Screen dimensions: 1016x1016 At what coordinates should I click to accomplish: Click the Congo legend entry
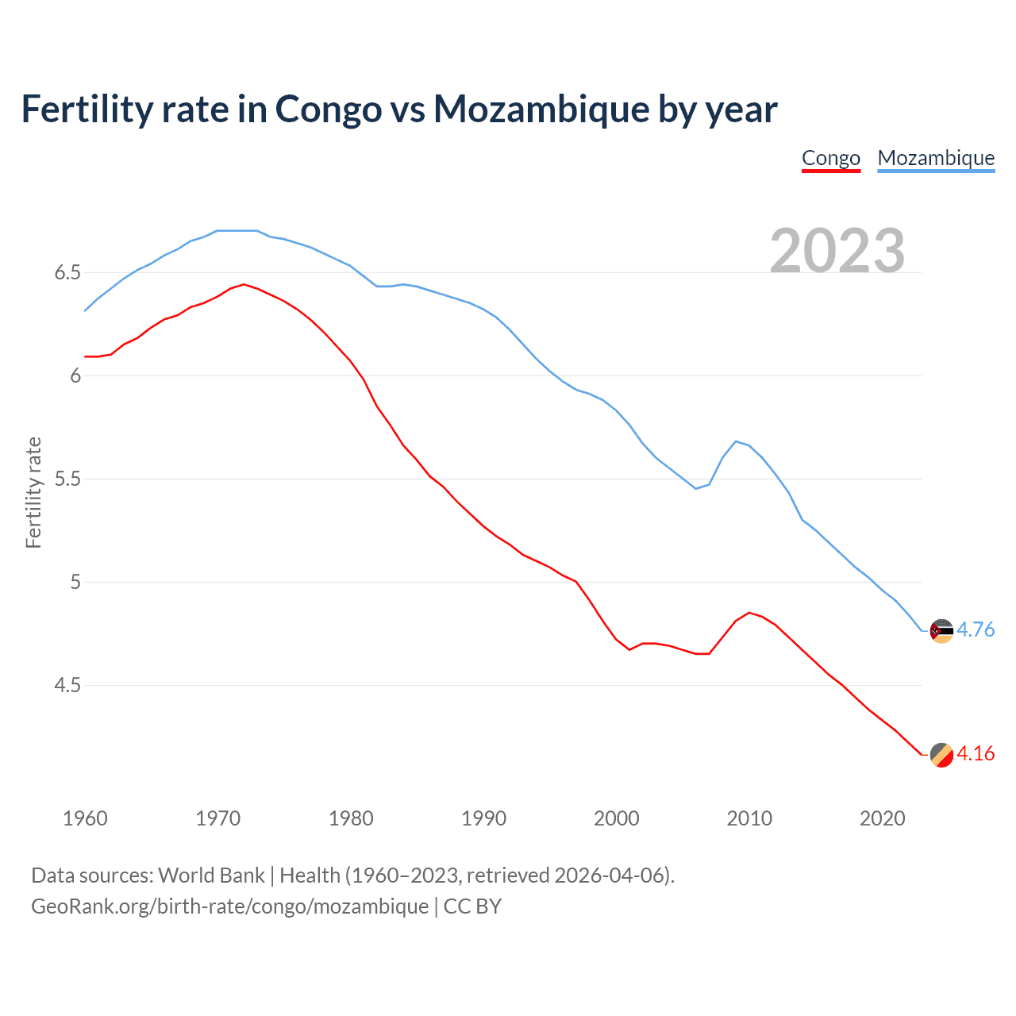[x=831, y=158]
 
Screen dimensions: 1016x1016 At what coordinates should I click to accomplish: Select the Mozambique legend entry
[x=936, y=158]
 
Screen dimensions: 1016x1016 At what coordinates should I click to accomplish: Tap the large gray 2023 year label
[x=837, y=251]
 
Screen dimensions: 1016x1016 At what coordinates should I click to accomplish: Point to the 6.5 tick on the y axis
[x=67, y=273]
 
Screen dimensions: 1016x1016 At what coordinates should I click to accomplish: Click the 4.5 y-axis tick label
[x=67, y=685]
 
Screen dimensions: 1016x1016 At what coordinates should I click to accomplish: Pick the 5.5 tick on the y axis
[x=67, y=479]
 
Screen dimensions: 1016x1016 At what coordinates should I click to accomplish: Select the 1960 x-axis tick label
[x=85, y=818]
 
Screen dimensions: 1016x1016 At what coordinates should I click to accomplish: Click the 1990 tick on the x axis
[x=483, y=818]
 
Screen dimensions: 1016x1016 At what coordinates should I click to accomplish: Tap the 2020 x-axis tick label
[x=882, y=818]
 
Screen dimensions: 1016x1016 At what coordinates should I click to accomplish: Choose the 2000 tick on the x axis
[x=616, y=818]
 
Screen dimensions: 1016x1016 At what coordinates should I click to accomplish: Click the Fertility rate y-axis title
[x=33, y=492]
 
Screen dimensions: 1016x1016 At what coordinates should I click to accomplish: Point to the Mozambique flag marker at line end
[x=941, y=631]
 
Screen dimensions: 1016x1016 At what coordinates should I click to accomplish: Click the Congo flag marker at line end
[x=941, y=755]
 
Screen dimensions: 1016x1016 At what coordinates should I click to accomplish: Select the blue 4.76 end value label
[x=976, y=630]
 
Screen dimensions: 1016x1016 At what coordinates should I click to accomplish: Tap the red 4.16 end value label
[x=976, y=754]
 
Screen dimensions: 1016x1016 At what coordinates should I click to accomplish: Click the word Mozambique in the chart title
[x=541, y=109]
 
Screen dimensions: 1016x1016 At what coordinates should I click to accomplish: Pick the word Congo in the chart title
[x=328, y=109]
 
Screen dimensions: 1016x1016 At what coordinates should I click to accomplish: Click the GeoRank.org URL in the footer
[x=229, y=906]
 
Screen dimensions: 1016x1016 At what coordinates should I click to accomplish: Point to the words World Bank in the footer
[x=211, y=876]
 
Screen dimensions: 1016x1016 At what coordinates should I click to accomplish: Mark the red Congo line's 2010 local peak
[x=749, y=613]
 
